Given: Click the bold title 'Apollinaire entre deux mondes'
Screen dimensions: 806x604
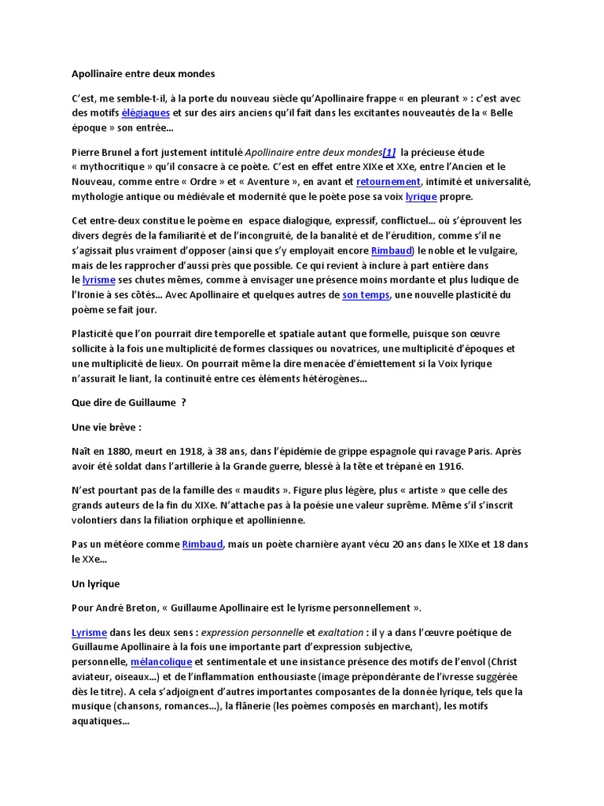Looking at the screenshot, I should [x=143, y=73].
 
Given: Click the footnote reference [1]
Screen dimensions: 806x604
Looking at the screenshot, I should [x=389, y=152].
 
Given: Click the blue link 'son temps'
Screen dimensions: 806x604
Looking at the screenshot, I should [x=366, y=295].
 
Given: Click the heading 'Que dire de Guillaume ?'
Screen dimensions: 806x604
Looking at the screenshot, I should [x=128, y=403].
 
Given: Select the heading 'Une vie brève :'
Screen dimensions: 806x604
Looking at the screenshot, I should [x=106, y=427].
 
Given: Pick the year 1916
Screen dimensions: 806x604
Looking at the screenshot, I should [x=451, y=467].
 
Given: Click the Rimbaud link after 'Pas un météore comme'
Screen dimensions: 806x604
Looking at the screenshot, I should [x=203, y=544].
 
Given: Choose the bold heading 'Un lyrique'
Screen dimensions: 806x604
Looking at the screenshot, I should [x=95, y=583].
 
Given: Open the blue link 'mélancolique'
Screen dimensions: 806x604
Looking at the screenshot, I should [x=160, y=662].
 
